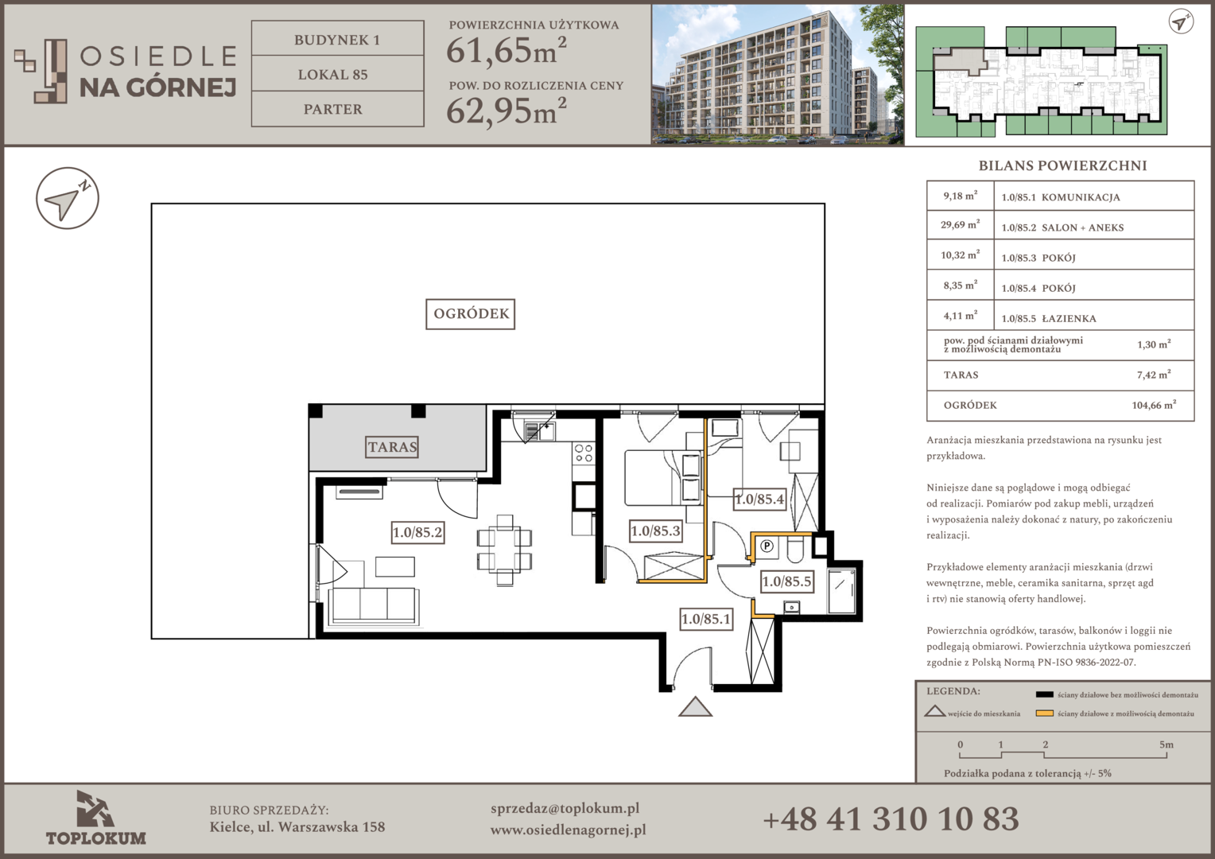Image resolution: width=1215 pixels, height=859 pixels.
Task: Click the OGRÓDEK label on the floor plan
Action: pos(470,314)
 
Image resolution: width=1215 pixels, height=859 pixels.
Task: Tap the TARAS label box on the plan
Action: pos(392,447)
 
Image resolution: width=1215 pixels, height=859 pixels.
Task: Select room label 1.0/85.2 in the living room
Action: pos(417,532)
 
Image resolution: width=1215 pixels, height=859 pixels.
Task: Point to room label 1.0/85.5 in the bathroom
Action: pos(786,581)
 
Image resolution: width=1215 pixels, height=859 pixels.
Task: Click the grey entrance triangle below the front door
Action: pos(695,707)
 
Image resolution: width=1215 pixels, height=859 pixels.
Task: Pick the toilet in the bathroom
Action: pos(796,549)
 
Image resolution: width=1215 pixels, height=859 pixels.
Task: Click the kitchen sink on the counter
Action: pos(539,431)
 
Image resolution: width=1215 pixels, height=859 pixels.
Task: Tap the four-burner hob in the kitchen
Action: pos(584,453)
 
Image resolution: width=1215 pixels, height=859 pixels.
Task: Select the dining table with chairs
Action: pos(504,550)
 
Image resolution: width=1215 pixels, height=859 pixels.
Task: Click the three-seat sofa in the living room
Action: pos(374,607)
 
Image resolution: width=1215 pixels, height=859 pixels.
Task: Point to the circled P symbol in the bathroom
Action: pos(767,546)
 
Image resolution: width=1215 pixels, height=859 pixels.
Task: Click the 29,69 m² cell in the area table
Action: pos(960,224)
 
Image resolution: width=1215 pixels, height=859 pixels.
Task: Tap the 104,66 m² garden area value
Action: pos(1154,405)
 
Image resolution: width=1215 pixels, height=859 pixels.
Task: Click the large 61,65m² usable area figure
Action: pos(506,50)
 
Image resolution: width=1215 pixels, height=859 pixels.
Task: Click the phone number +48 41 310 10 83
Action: pos(891,819)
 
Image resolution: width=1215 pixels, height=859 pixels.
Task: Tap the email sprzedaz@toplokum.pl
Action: pos(565,809)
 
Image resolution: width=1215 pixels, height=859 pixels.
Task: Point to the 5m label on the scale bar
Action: pos(1166,744)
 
